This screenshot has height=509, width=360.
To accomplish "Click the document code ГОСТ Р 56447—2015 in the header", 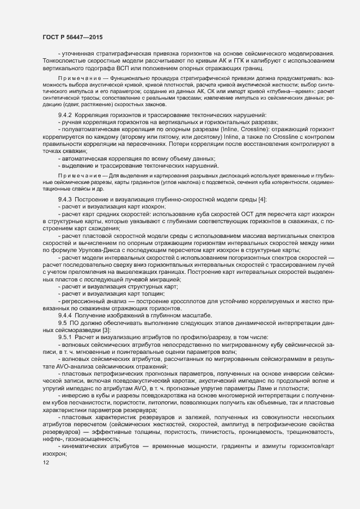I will (x=72, y=36).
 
